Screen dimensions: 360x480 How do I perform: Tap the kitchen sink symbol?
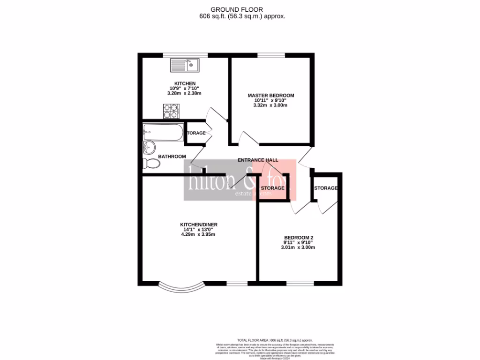[x=186, y=65]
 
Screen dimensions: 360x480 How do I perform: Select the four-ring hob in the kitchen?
[x=171, y=111]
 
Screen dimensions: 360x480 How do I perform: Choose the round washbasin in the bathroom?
[x=149, y=148]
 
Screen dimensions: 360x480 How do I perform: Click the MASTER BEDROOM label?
[x=271, y=96]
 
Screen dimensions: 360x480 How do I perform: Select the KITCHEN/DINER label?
[x=199, y=225]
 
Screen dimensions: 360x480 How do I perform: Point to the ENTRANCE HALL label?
[x=258, y=160]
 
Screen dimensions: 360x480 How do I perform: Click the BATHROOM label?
[x=172, y=157]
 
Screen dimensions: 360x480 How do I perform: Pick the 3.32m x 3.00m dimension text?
[x=271, y=105]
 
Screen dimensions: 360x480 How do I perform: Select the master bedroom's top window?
[x=271, y=55]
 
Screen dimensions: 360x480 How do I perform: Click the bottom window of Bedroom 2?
[x=300, y=283]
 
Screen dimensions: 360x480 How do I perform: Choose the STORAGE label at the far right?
[x=325, y=188]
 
